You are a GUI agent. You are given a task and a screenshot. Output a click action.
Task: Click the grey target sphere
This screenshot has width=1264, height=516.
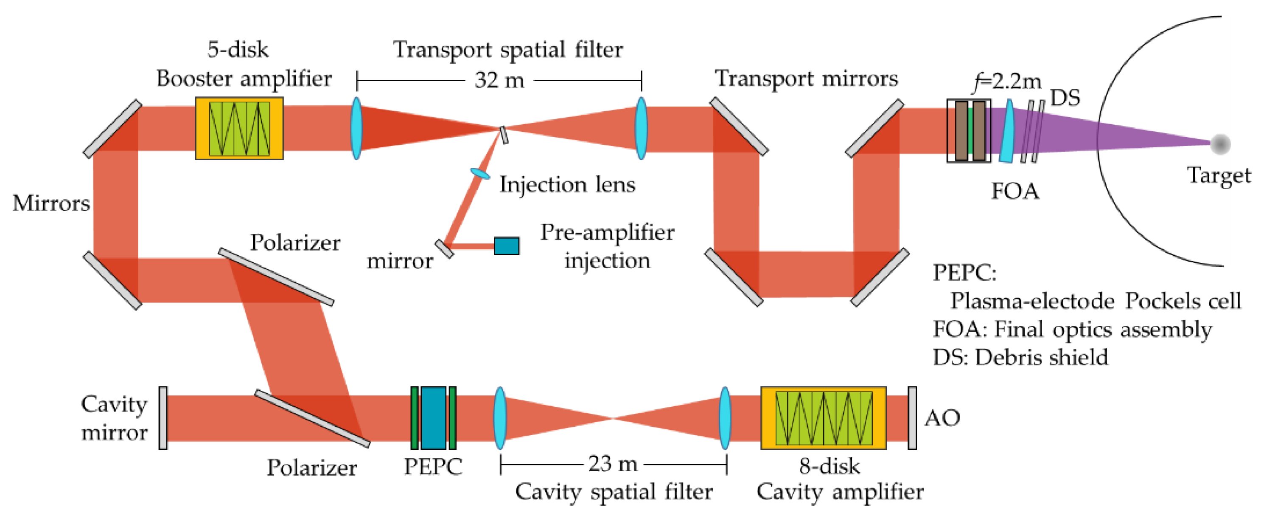[x=1220, y=144]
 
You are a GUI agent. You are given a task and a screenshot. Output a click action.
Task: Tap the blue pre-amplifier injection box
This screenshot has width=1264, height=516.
[x=506, y=246]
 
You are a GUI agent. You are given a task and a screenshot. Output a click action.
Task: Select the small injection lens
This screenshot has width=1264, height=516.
[x=480, y=173]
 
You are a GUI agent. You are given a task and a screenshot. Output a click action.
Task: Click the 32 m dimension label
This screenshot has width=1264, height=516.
[x=499, y=80]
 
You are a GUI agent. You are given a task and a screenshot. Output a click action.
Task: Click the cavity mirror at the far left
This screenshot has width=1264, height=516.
[x=163, y=418]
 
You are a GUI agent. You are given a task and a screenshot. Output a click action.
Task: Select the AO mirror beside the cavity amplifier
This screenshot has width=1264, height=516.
[x=912, y=418]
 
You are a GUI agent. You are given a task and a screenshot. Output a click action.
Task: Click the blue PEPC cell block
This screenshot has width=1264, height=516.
[x=433, y=418]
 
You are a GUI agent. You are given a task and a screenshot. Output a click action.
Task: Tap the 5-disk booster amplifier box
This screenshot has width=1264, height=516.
[x=239, y=128]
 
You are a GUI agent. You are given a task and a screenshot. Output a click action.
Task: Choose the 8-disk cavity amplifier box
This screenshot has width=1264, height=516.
[x=824, y=418]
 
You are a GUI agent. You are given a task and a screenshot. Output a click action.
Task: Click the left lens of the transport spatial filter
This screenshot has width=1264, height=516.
[x=357, y=128]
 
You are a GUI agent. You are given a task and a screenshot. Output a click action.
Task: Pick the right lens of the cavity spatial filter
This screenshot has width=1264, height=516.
[x=725, y=418]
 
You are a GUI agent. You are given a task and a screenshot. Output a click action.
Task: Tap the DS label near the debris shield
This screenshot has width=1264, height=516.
[x=1065, y=98]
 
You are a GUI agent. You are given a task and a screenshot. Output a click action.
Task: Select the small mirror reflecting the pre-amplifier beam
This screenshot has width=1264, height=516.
[x=444, y=248]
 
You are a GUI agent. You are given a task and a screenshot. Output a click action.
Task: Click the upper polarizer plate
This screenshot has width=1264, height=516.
[x=276, y=277]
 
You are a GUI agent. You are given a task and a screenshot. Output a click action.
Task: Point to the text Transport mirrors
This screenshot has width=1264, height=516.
[x=806, y=79]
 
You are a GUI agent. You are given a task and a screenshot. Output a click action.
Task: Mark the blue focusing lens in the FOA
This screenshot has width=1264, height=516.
[x=1007, y=131]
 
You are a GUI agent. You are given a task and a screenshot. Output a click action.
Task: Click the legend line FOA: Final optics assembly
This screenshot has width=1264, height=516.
[x=1072, y=330]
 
